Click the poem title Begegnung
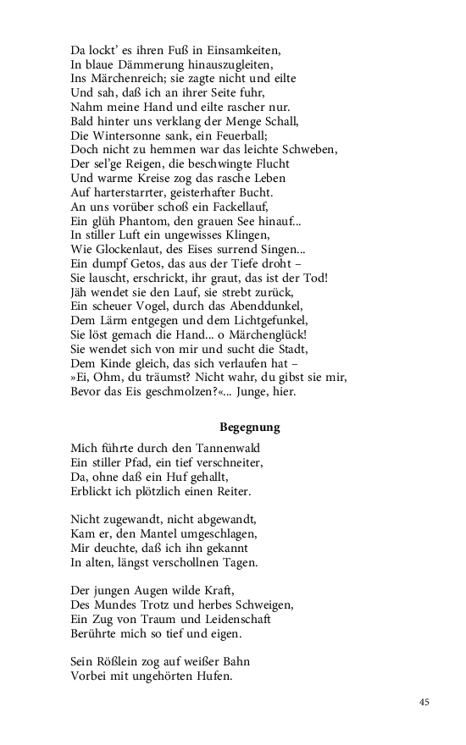(249, 428)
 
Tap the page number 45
(424, 702)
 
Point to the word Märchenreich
(111, 79)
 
